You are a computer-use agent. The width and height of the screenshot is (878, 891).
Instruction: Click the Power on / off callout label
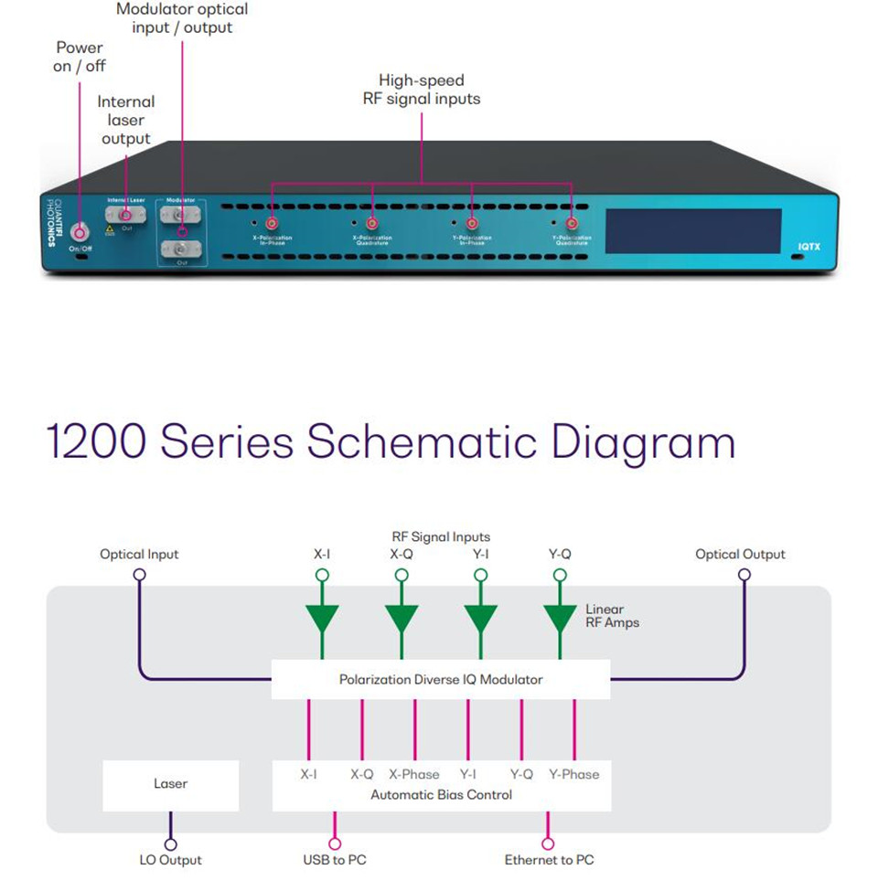(x=80, y=57)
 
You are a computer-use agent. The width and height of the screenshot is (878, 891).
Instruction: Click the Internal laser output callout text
(x=126, y=120)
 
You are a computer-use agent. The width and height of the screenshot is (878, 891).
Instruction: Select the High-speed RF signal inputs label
(x=421, y=90)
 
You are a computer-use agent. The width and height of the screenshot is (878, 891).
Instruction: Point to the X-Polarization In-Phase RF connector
(x=272, y=223)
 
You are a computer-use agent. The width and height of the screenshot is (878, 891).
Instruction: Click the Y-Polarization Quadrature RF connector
(x=572, y=223)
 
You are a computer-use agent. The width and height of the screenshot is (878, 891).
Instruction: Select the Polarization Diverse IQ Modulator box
(x=441, y=679)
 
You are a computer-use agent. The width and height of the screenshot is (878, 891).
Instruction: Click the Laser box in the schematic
(x=171, y=784)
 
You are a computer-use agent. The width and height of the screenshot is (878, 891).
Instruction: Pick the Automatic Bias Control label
(x=442, y=794)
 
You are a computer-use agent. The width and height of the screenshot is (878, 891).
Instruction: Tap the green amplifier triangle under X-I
(x=322, y=619)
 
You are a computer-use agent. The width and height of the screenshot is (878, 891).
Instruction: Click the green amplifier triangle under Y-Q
(x=560, y=619)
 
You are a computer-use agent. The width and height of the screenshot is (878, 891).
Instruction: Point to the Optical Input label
(x=139, y=554)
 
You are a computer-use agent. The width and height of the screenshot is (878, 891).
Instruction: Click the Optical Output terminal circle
(x=744, y=575)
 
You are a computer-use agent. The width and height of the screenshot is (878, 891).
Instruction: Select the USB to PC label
(x=335, y=860)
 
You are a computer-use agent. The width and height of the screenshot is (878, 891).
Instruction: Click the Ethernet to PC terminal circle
(x=549, y=844)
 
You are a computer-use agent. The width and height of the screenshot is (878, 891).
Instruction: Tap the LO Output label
(x=170, y=860)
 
